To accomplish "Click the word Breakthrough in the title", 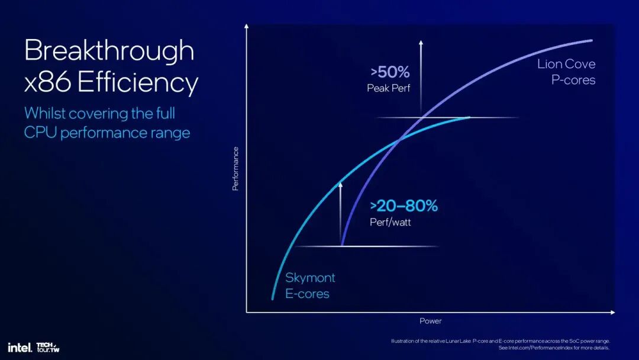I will pyautogui.click(x=109, y=52).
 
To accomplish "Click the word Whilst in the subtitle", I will pyautogui.click(x=44, y=113).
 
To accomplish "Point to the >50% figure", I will pyautogui.click(x=390, y=72).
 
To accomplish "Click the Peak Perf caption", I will pyautogui.click(x=388, y=88).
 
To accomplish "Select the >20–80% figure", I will pyautogui.click(x=404, y=206).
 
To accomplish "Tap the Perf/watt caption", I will pyautogui.click(x=390, y=223).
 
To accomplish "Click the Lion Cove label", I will pyautogui.click(x=566, y=64).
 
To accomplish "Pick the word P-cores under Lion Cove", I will pyautogui.click(x=573, y=80).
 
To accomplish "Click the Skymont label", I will pyautogui.click(x=310, y=278).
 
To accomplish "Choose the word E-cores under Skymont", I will pyautogui.click(x=307, y=294).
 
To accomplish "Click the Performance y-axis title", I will pyautogui.click(x=235, y=168).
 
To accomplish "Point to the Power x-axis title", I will pyautogui.click(x=430, y=321).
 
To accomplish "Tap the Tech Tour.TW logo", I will pyautogui.click(x=47, y=347).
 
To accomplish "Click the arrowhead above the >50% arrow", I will pyautogui.click(x=421, y=43).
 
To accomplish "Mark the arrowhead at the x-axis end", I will pyautogui.click(x=612, y=312).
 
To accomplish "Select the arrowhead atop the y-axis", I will pyautogui.click(x=246, y=26).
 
